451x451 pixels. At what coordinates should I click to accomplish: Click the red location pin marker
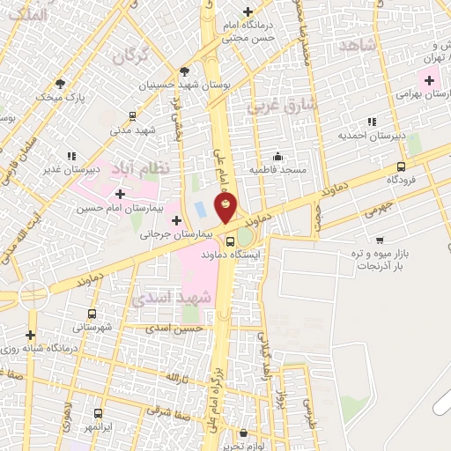point(225,209)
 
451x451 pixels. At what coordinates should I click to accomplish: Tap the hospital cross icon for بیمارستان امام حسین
point(120,192)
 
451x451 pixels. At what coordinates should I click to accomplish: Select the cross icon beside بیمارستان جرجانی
point(176,219)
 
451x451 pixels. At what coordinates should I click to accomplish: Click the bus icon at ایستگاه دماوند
point(229,241)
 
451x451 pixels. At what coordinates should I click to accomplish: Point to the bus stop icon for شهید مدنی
point(132,115)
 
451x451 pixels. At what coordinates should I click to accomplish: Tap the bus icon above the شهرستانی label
point(92,313)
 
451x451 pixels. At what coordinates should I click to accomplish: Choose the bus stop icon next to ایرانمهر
point(97,412)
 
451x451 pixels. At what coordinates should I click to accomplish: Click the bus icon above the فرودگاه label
point(402,166)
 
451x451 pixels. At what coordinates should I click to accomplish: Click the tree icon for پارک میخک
point(60,84)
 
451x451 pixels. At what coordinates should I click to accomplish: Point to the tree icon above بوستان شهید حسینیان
point(184,72)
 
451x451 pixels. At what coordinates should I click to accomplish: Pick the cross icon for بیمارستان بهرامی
point(429,81)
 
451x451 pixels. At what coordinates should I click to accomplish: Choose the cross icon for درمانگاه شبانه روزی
point(31,335)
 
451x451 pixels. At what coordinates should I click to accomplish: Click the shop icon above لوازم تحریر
point(243,433)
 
